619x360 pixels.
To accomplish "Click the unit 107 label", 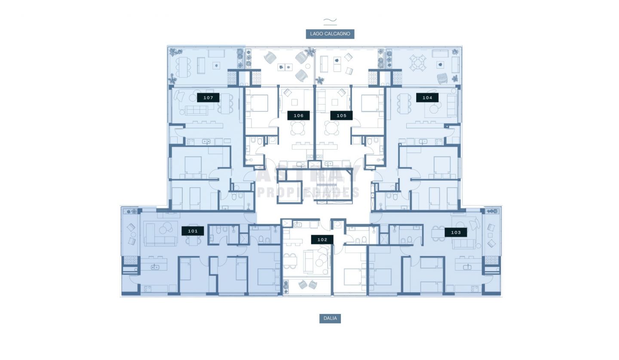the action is (208, 98).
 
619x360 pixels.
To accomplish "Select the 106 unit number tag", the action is (298, 116).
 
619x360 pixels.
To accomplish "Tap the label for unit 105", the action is (342, 116).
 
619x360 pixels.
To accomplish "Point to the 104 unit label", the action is (427, 98).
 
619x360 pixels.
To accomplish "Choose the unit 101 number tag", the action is (193, 231).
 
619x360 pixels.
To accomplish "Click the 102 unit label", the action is (322, 240).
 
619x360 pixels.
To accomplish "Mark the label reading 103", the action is (456, 233).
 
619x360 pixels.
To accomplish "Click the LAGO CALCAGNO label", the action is (330, 34).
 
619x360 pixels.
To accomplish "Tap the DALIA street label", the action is (330, 319).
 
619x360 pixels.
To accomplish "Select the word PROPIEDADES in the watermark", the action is (308, 192).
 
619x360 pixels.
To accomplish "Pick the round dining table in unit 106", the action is (297, 128).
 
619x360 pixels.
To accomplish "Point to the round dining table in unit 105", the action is (331, 128).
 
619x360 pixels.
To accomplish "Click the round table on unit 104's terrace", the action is (417, 63).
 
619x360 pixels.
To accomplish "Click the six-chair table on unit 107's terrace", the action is (183, 67).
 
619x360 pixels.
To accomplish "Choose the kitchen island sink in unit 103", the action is (467, 267).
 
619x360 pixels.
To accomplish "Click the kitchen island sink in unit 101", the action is (154, 267).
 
